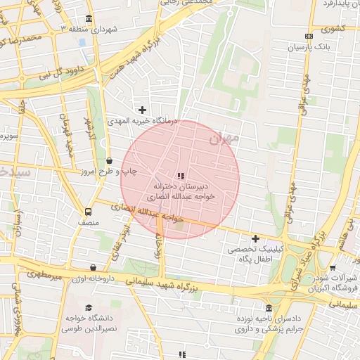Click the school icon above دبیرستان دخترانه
tap(181, 176)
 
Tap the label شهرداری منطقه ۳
tap(88, 30)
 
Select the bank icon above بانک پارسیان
tap(309, 37)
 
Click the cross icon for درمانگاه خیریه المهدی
tap(143, 110)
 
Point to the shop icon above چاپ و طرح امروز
tap(108, 161)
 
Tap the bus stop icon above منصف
tap(89, 212)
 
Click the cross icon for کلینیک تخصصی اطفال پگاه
tap(255, 239)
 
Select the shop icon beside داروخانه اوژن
tap(94, 268)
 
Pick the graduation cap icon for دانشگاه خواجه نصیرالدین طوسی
tap(89, 307)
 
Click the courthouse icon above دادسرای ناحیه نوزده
tap(269, 308)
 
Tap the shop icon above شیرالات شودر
tap(332, 267)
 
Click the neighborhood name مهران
tap(224, 139)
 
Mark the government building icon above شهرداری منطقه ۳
tap(88, 18)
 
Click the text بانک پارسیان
tap(309, 49)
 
